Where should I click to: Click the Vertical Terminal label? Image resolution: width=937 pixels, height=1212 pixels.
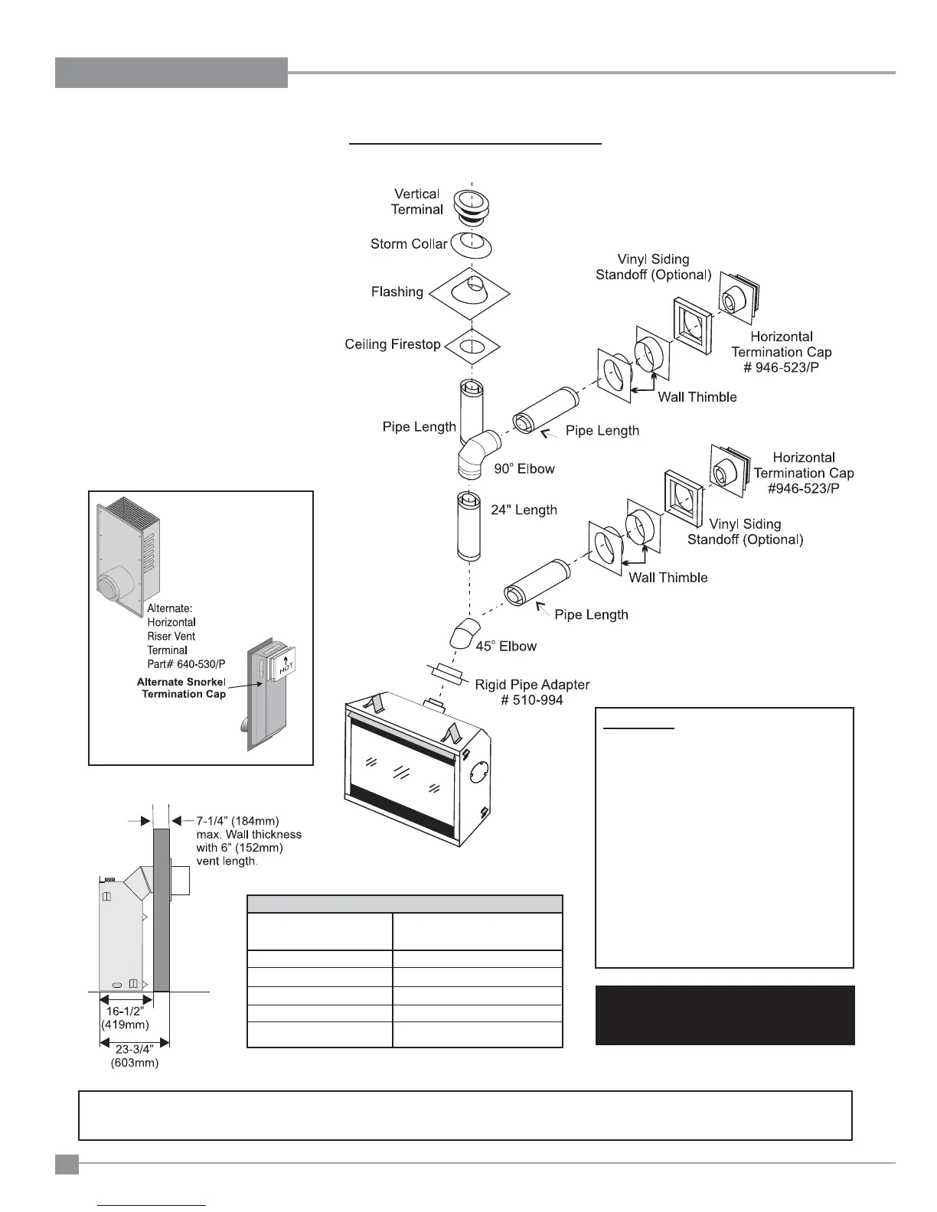click(417, 202)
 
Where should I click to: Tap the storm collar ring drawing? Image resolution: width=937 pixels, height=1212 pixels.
click(471, 245)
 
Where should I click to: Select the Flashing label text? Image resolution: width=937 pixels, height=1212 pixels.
click(397, 292)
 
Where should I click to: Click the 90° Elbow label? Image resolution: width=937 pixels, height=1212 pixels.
click(524, 468)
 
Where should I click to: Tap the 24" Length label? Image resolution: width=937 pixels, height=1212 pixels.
click(524, 510)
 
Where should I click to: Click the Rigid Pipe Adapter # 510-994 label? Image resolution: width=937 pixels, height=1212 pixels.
click(532, 692)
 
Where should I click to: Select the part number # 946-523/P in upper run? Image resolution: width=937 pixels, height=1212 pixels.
click(782, 367)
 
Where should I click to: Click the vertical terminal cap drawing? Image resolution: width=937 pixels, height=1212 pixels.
click(472, 206)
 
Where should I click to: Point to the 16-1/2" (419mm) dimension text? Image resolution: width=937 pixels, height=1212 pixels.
click(125, 1018)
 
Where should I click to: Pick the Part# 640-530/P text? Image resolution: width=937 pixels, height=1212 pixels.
click(186, 663)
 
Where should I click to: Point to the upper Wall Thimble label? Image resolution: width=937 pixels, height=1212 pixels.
click(697, 396)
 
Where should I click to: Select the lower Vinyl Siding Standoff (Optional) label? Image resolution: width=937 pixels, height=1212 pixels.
click(745, 532)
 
